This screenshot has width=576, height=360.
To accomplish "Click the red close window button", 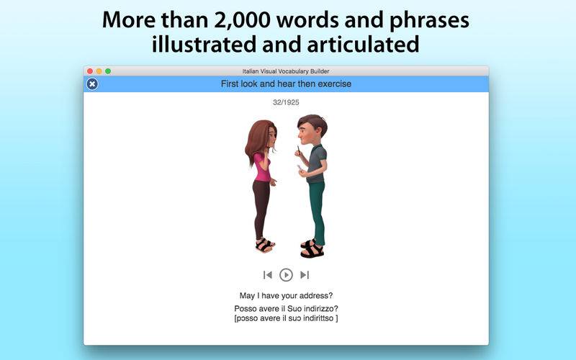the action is point(90,71).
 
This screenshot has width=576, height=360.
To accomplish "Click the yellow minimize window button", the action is point(99,71).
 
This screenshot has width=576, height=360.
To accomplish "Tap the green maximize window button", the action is point(108,71).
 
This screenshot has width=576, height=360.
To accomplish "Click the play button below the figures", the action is point(286,275).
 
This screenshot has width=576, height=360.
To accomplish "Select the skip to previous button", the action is point(268,275).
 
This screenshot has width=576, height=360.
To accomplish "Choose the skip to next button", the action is point(305,275).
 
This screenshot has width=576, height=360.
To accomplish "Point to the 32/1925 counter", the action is point(286,102).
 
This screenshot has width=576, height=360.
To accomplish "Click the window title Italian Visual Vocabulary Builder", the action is point(286,71).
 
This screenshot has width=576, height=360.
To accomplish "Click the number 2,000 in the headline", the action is point(243,20).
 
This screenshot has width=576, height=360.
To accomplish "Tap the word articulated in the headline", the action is point(363,44).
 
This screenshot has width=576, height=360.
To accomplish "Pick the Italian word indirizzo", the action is point(321,309).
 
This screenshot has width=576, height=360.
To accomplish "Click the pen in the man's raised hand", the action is point(298,150).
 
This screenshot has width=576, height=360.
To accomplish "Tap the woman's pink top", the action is point(262,168).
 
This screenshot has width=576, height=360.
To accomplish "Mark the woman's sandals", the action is point(264,245).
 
